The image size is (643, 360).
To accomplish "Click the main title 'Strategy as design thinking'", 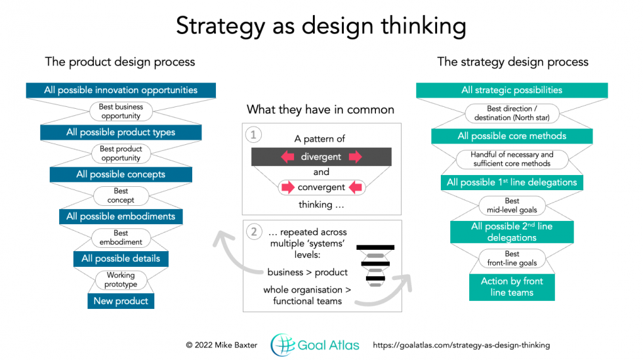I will [321, 26].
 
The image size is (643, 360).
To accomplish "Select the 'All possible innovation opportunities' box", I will [121, 90].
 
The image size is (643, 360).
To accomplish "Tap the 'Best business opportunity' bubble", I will [121, 111].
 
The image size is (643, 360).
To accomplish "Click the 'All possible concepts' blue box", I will [121, 174].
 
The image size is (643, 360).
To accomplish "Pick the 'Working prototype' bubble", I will [121, 280].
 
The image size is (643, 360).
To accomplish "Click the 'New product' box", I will [121, 301].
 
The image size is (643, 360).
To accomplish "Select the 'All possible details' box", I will [121, 258].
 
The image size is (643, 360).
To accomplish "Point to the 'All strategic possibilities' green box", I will [512, 90].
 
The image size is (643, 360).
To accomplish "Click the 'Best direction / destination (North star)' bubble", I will [512, 113].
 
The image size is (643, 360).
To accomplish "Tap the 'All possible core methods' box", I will [512, 136].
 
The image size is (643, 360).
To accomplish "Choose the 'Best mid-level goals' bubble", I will [512, 205].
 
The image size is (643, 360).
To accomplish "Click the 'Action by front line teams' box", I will [512, 287].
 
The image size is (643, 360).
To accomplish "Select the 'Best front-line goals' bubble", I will [512, 258].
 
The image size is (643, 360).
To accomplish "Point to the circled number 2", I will [253, 231].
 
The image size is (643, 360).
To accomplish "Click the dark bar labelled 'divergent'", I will [321, 157].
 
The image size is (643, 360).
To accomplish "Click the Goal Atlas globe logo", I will [283, 345].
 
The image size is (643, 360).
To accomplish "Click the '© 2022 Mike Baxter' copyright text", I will [222, 345].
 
